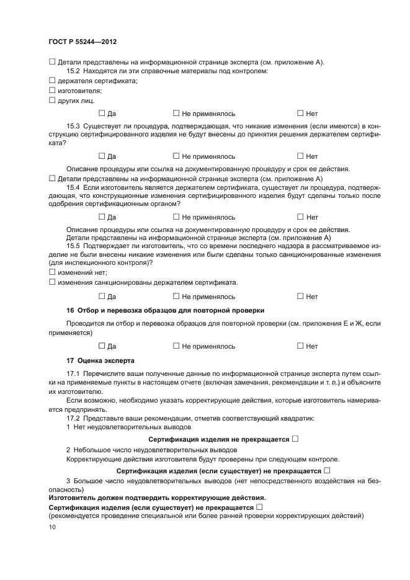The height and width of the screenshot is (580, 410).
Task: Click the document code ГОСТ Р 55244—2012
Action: pos(82,42)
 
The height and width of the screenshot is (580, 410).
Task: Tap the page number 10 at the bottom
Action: pos(51,527)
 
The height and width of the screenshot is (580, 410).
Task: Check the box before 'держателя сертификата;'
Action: pos(52,81)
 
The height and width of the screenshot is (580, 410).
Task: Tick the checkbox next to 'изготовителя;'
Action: pos(52,91)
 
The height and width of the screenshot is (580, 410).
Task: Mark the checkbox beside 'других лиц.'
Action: pos(52,100)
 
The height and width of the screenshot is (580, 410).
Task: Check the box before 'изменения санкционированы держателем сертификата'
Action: pos(52,283)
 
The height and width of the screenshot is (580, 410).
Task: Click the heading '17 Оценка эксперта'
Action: pos(100,360)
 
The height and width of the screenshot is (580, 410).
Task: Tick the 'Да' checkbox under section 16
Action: pos(102,346)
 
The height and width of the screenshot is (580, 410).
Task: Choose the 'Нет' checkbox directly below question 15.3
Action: pos(300,156)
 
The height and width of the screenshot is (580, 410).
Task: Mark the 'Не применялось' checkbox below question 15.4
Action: pos(176,216)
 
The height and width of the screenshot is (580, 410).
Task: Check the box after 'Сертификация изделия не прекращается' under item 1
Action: pos(295,439)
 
